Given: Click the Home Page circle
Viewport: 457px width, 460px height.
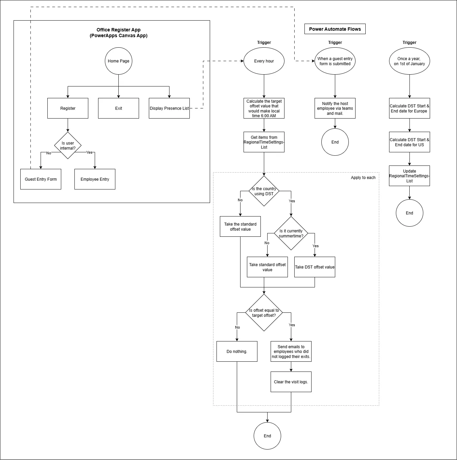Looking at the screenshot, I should pos(118,61).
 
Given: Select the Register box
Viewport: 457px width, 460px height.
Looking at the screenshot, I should pos(68,108).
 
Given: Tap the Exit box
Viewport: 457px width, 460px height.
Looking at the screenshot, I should pos(118,108).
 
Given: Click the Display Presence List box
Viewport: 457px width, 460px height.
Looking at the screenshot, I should pos(169,108).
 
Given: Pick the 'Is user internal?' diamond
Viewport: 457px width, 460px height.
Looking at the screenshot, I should pos(68,146).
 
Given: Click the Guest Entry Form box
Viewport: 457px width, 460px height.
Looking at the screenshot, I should pos(41,179).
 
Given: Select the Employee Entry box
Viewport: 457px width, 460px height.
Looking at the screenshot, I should pos(95,179).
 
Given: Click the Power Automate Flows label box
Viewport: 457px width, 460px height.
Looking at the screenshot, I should pos(335,29).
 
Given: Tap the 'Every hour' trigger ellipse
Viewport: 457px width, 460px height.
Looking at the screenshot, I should pos(264,61).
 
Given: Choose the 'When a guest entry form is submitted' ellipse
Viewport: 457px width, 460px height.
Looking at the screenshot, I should pos(335,61).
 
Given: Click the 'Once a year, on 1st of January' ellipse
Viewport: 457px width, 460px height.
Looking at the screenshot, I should pos(409,61).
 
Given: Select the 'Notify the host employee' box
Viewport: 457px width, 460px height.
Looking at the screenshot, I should pos(335,108).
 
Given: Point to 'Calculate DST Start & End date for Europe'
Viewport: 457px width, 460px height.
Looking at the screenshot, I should pos(409,108).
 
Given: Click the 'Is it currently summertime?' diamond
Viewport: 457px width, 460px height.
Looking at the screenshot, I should pos(291,233).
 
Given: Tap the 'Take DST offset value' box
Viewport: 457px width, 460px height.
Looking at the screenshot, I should pos(315,267).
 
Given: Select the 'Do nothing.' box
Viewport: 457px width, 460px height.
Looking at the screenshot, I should pos(237,352).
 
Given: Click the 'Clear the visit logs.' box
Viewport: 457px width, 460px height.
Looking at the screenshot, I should pos(291,382).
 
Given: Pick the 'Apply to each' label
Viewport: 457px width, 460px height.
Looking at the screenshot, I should pos(363,178).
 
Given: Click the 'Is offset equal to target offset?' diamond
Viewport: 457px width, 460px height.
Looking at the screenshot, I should pos(264,313).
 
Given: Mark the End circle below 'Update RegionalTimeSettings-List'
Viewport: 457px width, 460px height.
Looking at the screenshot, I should pos(409,213).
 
